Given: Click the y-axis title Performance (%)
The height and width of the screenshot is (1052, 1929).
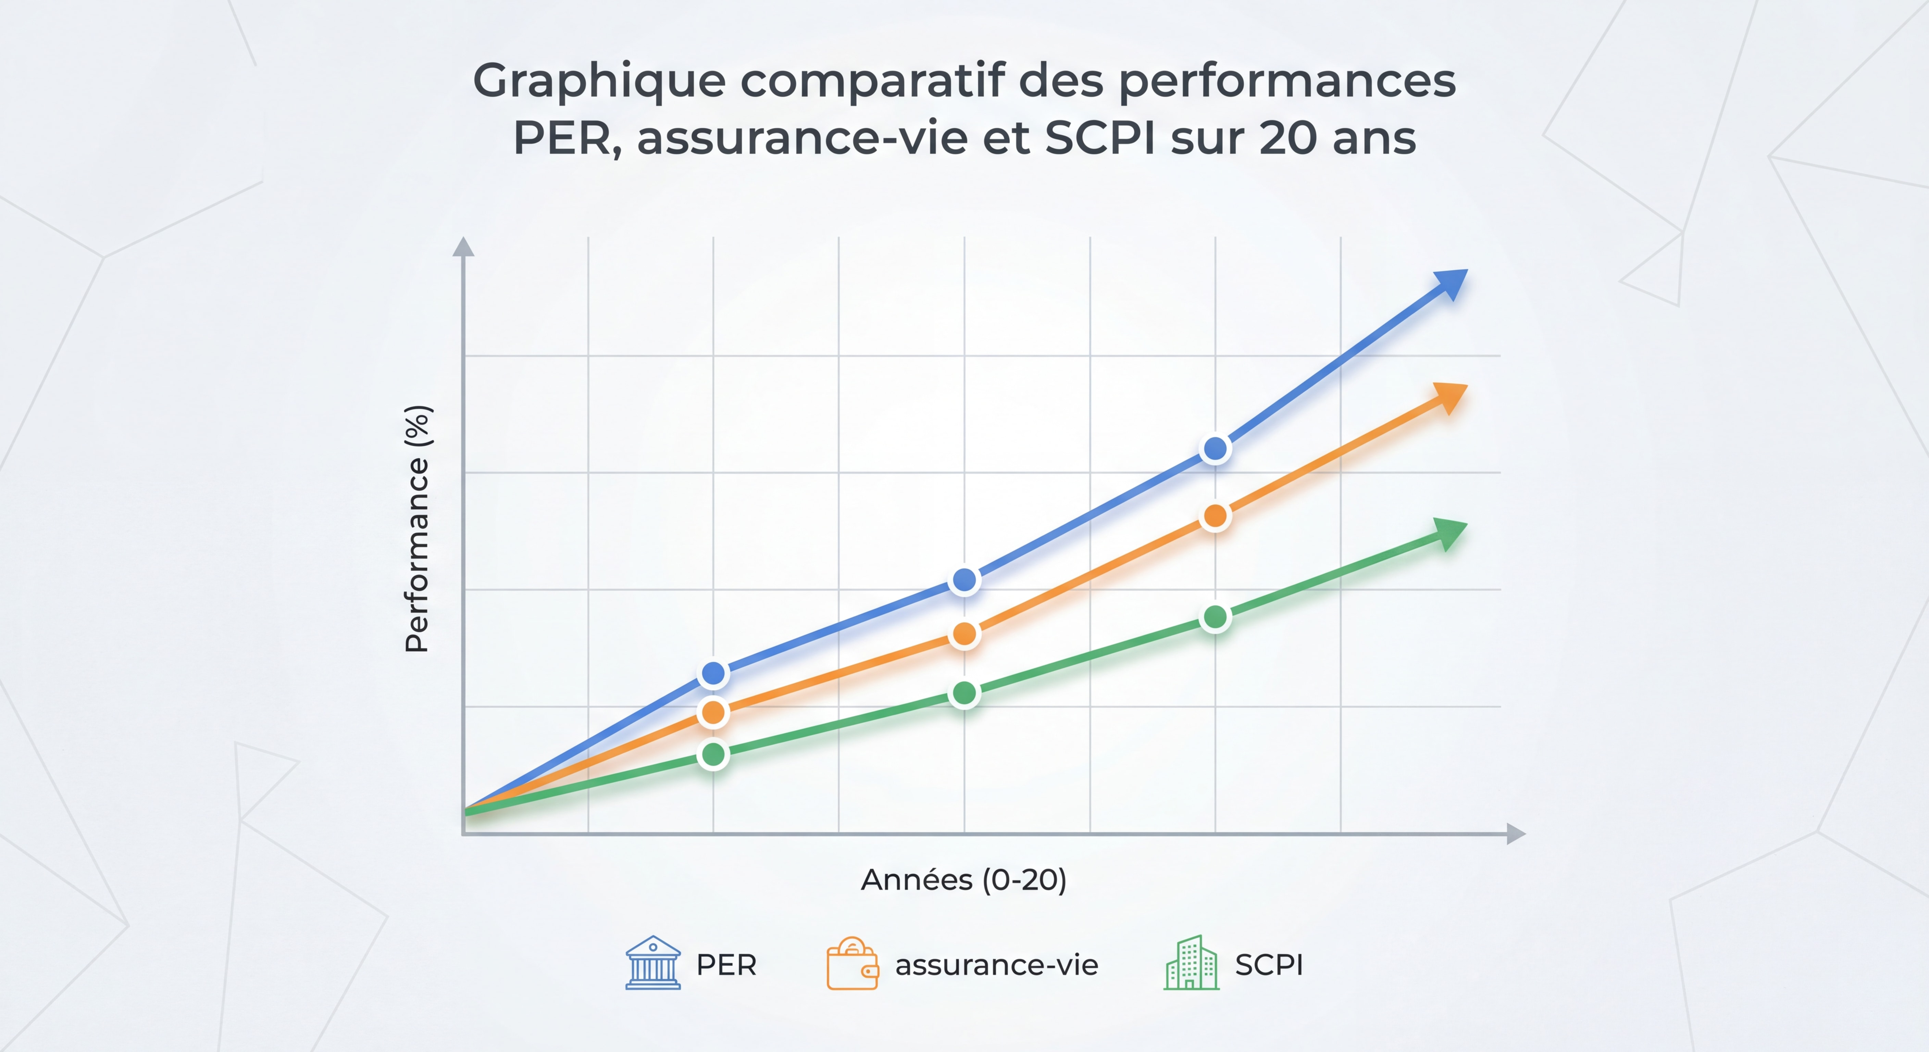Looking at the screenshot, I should pyautogui.click(x=417, y=529).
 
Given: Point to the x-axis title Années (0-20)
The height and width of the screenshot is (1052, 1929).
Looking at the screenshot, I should pyautogui.click(x=964, y=880).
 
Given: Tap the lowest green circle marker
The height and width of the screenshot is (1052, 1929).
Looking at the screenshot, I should pyautogui.click(x=714, y=754).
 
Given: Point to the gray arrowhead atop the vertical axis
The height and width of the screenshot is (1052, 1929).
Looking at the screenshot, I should pyautogui.click(x=463, y=247).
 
